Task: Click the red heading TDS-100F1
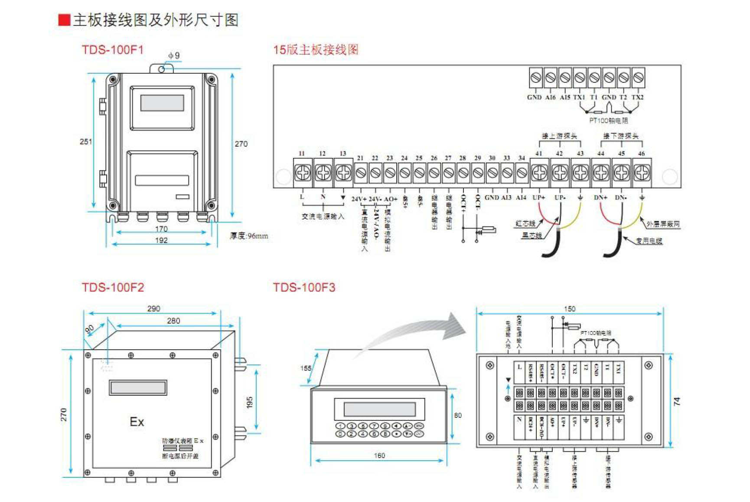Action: [112, 49]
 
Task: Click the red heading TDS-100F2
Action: [113, 287]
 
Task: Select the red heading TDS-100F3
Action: [304, 287]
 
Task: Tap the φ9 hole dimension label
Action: [174, 56]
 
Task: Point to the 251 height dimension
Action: [86, 141]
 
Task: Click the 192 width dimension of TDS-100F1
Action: [161, 240]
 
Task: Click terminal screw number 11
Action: [303, 173]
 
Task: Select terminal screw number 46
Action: [642, 173]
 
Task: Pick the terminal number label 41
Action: [538, 154]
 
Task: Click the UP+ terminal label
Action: [539, 198]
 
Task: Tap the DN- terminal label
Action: [621, 198]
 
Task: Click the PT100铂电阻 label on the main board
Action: [608, 121]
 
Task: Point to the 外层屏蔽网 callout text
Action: [663, 224]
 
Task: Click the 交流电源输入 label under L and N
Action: [323, 217]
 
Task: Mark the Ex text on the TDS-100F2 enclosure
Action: [137, 422]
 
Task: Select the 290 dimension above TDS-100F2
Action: [153, 308]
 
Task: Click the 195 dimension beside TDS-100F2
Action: [250, 402]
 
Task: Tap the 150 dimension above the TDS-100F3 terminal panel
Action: [570, 309]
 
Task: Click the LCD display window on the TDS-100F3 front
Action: [380, 409]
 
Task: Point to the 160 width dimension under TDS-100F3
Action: [379, 456]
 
